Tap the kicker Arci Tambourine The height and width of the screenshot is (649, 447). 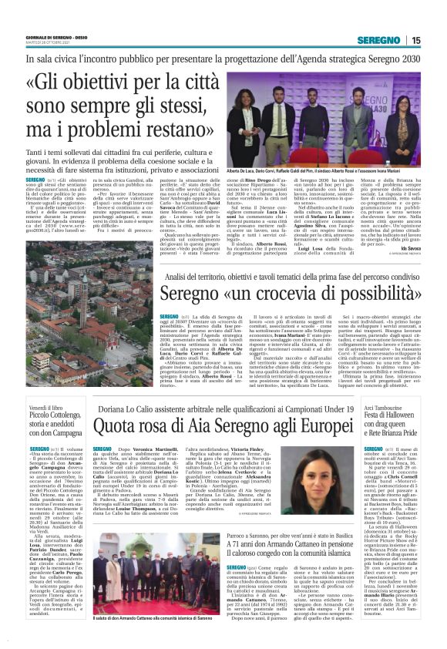click(x=385, y=408)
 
